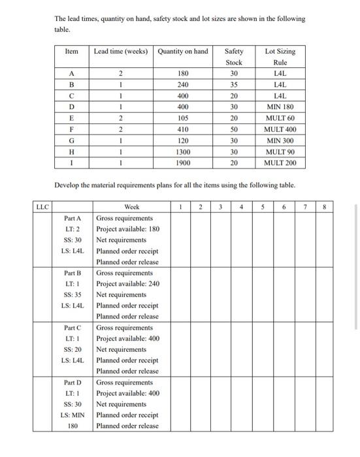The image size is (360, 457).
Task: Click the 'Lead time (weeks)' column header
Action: (122, 52)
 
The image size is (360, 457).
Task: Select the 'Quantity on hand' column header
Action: (183, 52)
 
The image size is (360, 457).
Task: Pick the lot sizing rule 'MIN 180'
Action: (280, 107)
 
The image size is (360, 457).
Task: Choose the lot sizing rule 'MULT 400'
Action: (280, 129)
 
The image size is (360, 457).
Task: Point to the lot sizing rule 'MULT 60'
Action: (280, 118)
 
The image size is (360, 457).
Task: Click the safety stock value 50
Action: (234, 129)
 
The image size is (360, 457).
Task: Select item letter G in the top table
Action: (72, 140)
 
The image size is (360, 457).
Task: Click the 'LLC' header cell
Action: (42, 207)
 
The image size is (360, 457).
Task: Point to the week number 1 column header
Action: (180, 207)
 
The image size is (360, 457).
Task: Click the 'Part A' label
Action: (73, 218)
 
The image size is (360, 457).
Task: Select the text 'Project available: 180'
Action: (127, 229)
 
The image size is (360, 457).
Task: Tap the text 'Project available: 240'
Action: (127, 284)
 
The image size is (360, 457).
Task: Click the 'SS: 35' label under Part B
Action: (73, 294)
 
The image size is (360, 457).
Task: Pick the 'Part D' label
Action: (73, 383)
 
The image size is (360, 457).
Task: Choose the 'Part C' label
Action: (73, 328)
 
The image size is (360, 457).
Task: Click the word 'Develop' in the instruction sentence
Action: (68, 185)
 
